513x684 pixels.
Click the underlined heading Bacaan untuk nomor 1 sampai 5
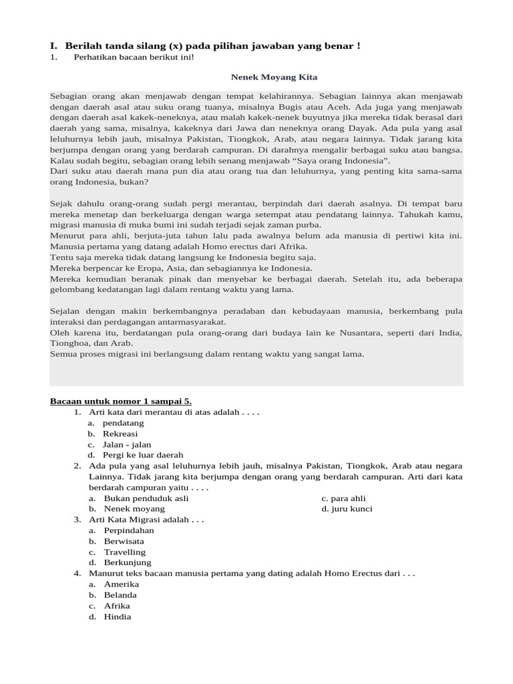coord(121,401)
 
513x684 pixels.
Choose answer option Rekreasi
coord(121,434)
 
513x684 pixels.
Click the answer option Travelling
coord(125,552)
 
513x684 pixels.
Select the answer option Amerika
coord(122,584)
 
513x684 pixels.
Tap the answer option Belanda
coord(120,594)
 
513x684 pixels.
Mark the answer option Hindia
coord(118,617)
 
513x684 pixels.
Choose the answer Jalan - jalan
coord(128,444)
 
